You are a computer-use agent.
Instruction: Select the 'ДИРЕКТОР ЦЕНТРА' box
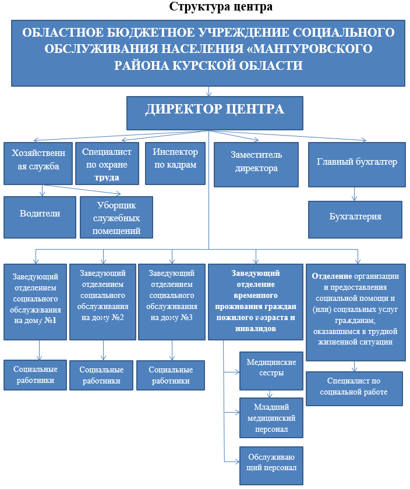215,112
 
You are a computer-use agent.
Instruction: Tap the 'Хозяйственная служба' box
38,164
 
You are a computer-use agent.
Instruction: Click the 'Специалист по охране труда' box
107,164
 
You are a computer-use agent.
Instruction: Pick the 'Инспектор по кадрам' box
175,164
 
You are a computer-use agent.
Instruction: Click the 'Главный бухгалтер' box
356,164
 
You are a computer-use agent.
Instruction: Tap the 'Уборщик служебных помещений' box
116,217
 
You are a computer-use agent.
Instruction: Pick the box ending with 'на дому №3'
171,302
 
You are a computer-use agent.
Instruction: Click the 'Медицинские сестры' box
272,371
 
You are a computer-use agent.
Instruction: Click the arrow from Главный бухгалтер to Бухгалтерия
355,194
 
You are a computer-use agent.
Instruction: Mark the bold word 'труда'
107,177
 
